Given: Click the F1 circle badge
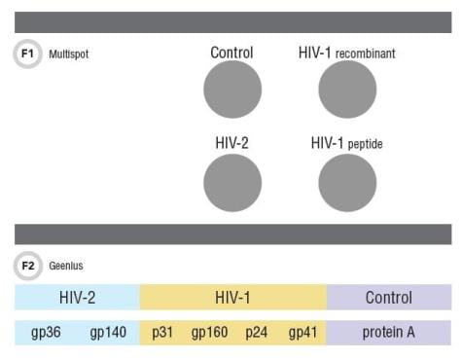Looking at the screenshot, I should tap(27, 54).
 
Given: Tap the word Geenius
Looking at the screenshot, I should tap(65, 264).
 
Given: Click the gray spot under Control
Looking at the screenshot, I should tap(232, 90).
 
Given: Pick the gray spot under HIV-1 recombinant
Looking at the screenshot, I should tap(347, 90).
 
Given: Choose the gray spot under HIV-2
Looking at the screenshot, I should tap(232, 182).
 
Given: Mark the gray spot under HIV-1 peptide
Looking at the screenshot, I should tap(347, 182).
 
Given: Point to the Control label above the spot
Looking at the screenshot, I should tap(232, 53).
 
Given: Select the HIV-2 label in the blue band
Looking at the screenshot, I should tap(79, 298).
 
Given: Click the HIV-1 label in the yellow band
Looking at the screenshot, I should tap(233, 298).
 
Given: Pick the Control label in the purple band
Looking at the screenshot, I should tap(389, 298).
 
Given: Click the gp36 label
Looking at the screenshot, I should tap(46, 333).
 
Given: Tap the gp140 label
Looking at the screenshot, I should tap(108, 333).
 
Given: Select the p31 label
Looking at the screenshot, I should tap(162, 333).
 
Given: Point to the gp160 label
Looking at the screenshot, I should tap(209, 333).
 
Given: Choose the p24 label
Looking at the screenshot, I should tap(258, 333).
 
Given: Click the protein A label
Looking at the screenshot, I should tap(389, 333).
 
